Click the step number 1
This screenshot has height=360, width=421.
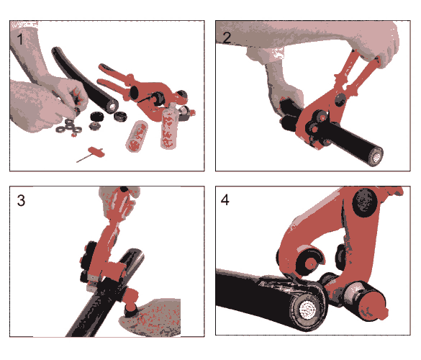pos(20,39)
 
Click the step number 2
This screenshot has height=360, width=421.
pos(227,37)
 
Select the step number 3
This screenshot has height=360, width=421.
pos(21,200)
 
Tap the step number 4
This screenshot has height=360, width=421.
pos(225,200)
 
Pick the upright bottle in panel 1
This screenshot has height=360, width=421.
pos(168,127)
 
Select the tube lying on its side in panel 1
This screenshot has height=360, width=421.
pos(137,136)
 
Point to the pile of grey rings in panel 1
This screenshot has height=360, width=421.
pos(69,127)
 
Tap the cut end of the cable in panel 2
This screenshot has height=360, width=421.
pos(376,156)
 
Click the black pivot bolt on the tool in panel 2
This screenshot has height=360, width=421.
pos(340,99)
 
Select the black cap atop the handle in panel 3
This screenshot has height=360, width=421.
pos(124,189)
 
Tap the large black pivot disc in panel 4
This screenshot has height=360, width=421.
pos(365,202)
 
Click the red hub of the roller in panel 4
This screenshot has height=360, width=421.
pos(311,264)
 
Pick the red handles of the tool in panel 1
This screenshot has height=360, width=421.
pos(114,78)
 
